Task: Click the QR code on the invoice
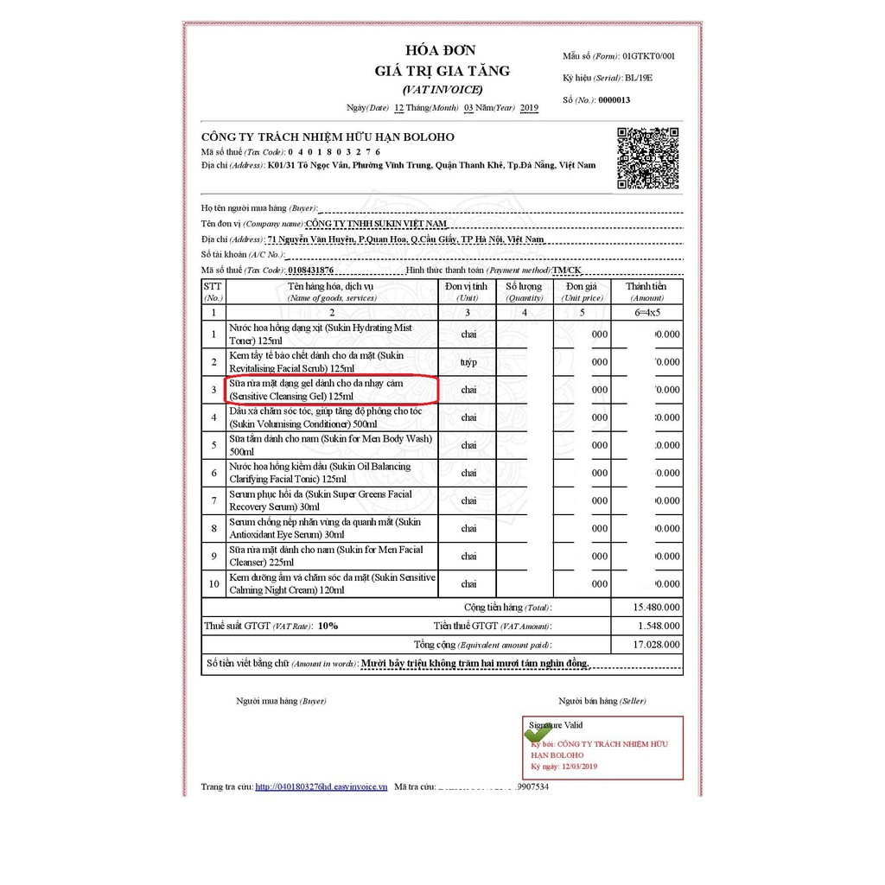(647, 158)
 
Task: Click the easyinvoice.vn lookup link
(322, 786)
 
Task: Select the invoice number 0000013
(614, 100)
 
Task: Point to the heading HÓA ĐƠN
(441, 50)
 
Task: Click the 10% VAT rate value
(328, 626)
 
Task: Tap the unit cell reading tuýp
(468, 362)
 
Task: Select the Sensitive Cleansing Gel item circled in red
(333, 390)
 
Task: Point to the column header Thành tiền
(646, 286)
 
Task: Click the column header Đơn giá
(582, 286)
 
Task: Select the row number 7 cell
(213, 500)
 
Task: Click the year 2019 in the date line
(529, 108)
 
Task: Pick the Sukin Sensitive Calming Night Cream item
(333, 583)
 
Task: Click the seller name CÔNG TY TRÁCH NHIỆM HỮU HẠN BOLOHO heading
(328, 137)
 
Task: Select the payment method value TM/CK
(567, 271)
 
